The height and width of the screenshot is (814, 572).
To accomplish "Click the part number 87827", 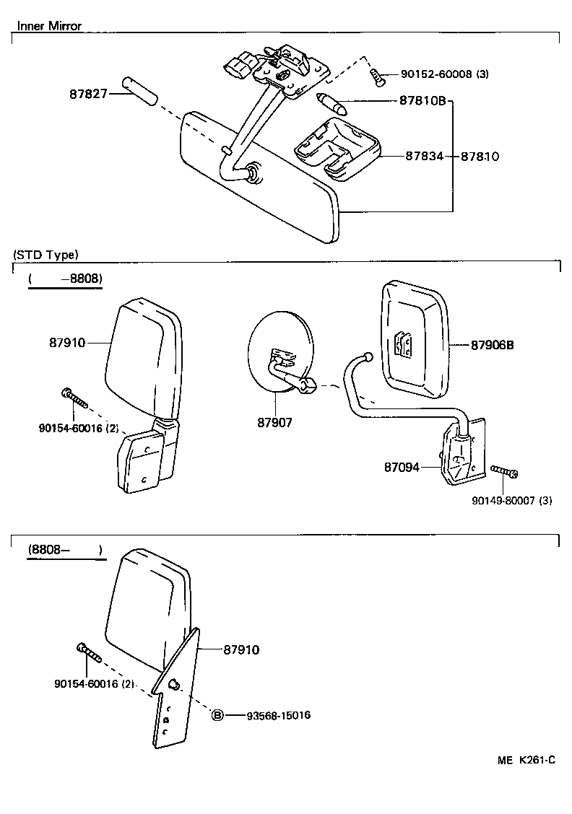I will (x=87, y=94).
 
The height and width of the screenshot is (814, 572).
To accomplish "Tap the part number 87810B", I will (x=422, y=102).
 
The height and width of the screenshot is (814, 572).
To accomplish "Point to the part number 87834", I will (x=422, y=156).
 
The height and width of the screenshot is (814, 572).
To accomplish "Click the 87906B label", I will (x=492, y=345).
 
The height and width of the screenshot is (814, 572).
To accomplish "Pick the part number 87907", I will (x=274, y=422).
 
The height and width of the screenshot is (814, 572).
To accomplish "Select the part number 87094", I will (x=402, y=468).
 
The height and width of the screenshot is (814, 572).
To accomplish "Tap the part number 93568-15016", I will (x=278, y=715).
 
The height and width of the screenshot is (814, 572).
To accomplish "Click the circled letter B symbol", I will (x=217, y=715).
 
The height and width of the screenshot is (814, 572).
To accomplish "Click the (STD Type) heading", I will (x=45, y=255).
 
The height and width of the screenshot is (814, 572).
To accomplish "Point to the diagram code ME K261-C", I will (x=526, y=760).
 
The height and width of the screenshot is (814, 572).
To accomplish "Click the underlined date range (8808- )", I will (x=66, y=551).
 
